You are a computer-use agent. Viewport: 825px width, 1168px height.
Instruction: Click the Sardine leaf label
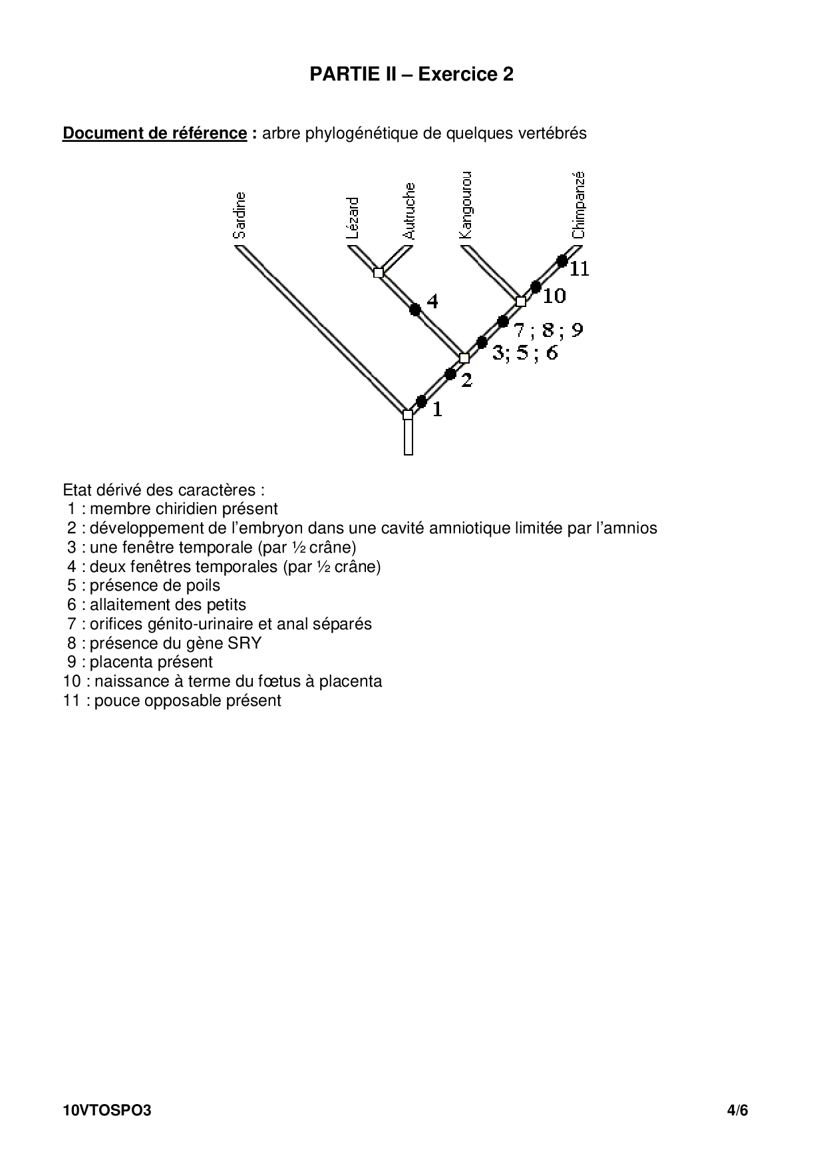click(240, 215)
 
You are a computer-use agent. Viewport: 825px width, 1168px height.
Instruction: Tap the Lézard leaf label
click(353, 218)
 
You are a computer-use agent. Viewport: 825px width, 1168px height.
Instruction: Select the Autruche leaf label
click(409, 211)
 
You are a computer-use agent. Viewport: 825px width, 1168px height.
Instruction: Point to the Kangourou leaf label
click(466, 205)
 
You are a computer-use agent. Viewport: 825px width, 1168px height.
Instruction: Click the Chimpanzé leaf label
click(578, 205)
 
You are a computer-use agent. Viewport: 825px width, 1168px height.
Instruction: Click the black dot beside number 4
click(415, 309)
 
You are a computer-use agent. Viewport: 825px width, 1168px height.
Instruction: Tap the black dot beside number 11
click(562, 260)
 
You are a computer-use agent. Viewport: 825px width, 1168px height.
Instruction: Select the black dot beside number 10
click(536, 287)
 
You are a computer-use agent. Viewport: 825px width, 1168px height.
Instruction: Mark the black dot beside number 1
click(421, 401)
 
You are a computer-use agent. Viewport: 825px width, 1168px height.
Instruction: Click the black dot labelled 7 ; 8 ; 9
click(504, 322)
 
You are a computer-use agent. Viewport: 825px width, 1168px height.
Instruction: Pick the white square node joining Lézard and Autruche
click(379, 272)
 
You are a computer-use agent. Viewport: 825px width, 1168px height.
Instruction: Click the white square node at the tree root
click(408, 415)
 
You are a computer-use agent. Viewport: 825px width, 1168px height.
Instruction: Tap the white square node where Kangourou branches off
click(521, 302)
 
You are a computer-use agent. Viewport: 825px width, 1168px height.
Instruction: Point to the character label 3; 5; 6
click(525, 353)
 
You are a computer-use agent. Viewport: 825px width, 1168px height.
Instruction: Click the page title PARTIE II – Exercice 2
click(411, 75)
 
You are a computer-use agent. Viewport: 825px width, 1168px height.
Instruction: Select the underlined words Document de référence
click(154, 133)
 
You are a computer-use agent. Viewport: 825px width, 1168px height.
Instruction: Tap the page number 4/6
click(738, 1111)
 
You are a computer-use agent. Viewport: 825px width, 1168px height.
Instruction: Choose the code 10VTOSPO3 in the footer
click(107, 1111)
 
